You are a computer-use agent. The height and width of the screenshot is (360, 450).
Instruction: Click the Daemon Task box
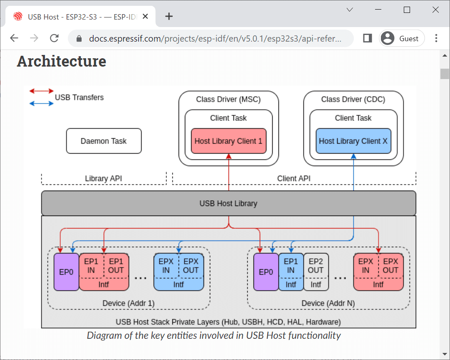104,141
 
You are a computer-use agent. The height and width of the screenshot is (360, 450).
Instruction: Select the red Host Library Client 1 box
229,141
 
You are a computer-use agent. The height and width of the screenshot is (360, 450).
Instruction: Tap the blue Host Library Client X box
353,141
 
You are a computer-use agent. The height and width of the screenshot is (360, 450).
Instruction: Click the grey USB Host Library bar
229,204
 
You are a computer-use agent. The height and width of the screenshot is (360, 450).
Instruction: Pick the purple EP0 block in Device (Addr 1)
66,272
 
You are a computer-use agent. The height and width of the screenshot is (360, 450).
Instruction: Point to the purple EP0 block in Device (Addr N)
266,272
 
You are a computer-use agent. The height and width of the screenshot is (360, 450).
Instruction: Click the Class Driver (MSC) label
229,99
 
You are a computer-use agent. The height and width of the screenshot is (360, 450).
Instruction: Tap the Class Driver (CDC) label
353,99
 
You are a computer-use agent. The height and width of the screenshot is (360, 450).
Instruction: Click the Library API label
104,179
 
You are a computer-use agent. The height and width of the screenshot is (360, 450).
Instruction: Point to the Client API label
294,179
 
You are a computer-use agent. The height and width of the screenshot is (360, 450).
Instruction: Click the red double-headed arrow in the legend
42,91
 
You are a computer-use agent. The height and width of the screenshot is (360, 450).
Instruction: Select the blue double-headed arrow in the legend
42,103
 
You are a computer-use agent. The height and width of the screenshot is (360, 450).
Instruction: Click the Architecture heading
62,61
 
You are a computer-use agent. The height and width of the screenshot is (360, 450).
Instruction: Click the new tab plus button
169,16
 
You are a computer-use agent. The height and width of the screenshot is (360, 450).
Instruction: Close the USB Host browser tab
145,16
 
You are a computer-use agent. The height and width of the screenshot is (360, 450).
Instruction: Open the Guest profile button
402,38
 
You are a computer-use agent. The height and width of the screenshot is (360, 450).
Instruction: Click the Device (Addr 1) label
128,303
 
